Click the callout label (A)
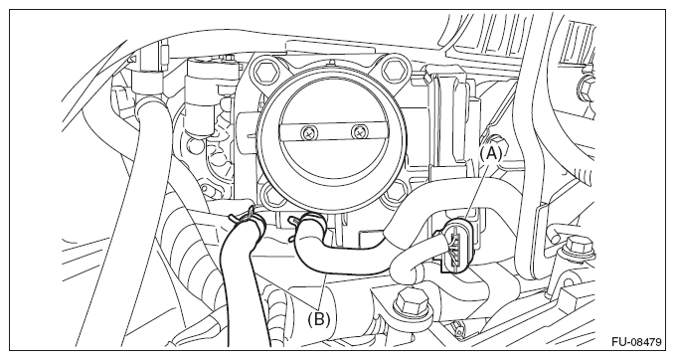490,153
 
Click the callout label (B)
318,318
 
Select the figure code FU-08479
636,342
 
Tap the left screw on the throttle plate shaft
308,133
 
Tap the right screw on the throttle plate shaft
358,133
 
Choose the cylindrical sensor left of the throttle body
201,98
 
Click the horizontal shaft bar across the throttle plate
333,133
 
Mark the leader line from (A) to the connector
475,190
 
